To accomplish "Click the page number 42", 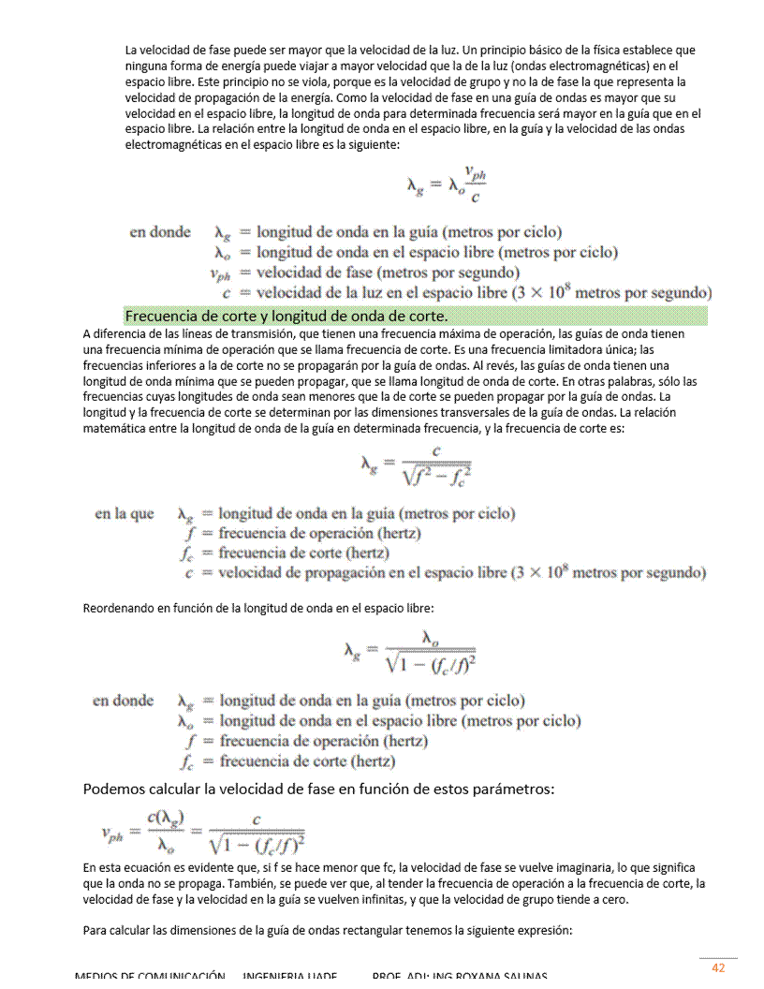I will tap(718, 967).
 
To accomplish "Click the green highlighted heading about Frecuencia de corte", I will tap(286, 315).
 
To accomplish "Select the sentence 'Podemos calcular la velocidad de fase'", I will tap(318, 789).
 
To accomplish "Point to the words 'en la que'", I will tap(124, 514).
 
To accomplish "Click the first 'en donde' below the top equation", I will tap(159, 232).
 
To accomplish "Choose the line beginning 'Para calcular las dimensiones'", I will tap(327, 931).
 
